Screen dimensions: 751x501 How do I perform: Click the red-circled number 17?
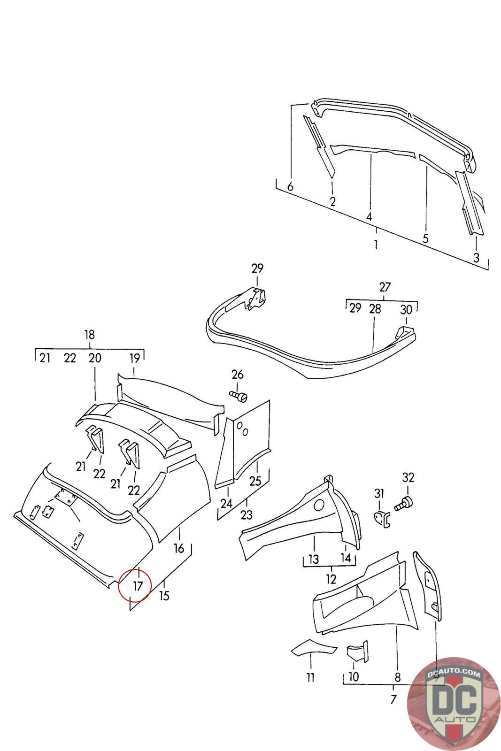tap(137, 586)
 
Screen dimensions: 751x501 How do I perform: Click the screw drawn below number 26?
tap(239, 396)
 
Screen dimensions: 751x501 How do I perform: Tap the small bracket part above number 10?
tap(356, 652)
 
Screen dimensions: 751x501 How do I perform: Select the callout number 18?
tap(89, 335)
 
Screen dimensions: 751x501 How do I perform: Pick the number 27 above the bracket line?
tap(385, 287)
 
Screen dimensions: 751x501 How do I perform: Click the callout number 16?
tap(179, 548)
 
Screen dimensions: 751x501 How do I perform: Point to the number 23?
tap(246, 515)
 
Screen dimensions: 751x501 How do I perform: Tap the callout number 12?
tap(331, 578)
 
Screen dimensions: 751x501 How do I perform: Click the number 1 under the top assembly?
tap(376, 245)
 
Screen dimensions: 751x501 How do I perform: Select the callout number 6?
tap(290, 187)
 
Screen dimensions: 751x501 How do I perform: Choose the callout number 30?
tap(406, 309)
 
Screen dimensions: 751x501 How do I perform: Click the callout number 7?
tap(393, 700)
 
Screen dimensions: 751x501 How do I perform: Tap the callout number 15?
tap(164, 596)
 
